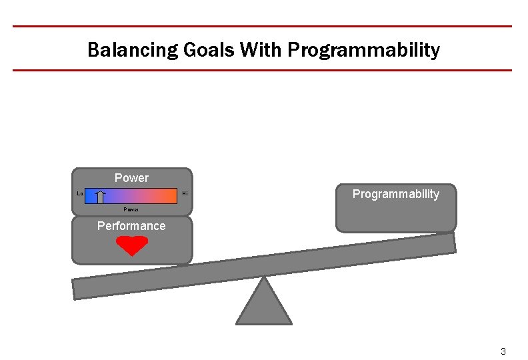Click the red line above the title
pyautogui.click(x=262, y=27)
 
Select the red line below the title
pyautogui.click(x=262, y=70)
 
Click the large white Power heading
pyautogui.click(x=131, y=178)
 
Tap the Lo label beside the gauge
pyautogui.click(x=80, y=194)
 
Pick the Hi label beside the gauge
pyautogui.click(x=185, y=194)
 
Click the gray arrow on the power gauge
pyautogui.click(x=100, y=197)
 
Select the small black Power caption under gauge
pyautogui.click(x=131, y=209)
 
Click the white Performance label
pyautogui.click(x=131, y=226)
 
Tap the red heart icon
pyautogui.click(x=132, y=246)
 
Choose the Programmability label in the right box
pyautogui.click(x=396, y=194)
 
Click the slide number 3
pyautogui.click(x=503, y=351)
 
